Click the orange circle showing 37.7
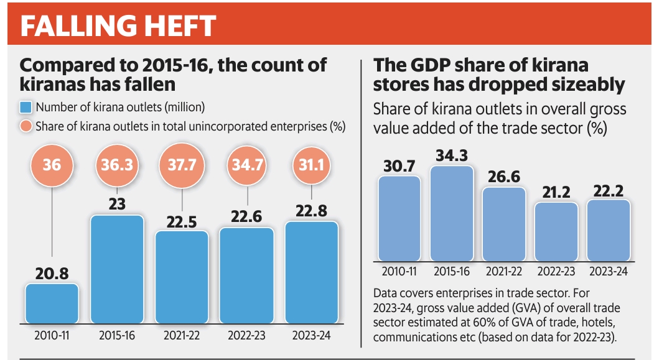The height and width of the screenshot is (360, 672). click(x=182, y=166)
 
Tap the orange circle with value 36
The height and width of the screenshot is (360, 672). click(x=52, y=166)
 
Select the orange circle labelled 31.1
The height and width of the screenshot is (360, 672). click(x=311, y=166)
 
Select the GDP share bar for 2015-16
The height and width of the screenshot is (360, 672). click(x=452, y=213)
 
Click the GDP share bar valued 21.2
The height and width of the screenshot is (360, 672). click(x=557, y=231)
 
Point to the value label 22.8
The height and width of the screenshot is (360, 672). click(x=312, y=210)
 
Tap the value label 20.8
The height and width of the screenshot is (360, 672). click(x=52, y=272)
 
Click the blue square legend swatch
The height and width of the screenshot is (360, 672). click(x=26, y=107)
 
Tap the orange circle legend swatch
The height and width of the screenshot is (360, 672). click(x=26, y=126)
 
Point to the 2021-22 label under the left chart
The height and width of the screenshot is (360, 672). click(x=182, y=336)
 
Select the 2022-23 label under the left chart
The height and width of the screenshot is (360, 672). click(x=246, y=336)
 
